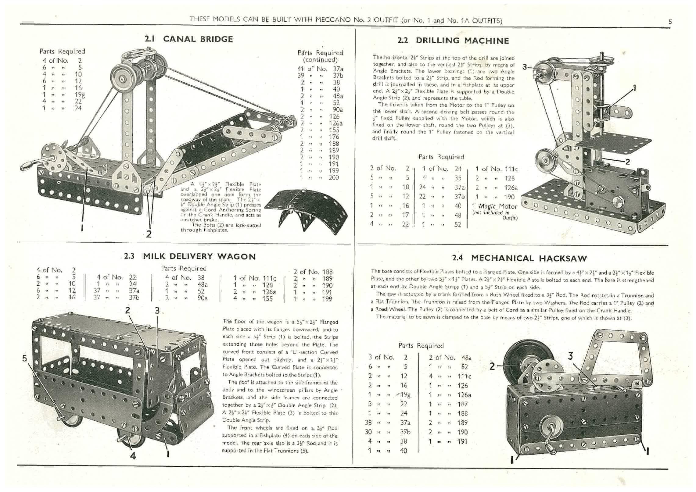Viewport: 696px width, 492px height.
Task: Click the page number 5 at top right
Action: click(670, 22)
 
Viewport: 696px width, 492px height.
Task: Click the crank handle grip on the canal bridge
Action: click(27, 166)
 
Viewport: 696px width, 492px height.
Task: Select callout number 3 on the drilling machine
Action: click(525, 67)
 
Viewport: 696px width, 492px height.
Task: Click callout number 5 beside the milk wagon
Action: click(25, 358)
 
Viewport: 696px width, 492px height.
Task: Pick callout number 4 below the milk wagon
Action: click(133, 456)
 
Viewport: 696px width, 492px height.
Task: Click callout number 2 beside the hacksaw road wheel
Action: click(492, 366)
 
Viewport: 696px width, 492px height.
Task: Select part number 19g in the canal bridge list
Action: click(80, 95)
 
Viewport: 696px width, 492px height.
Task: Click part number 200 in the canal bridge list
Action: click(334, 178)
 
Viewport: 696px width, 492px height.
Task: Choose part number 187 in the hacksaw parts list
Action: click(462, 404)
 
